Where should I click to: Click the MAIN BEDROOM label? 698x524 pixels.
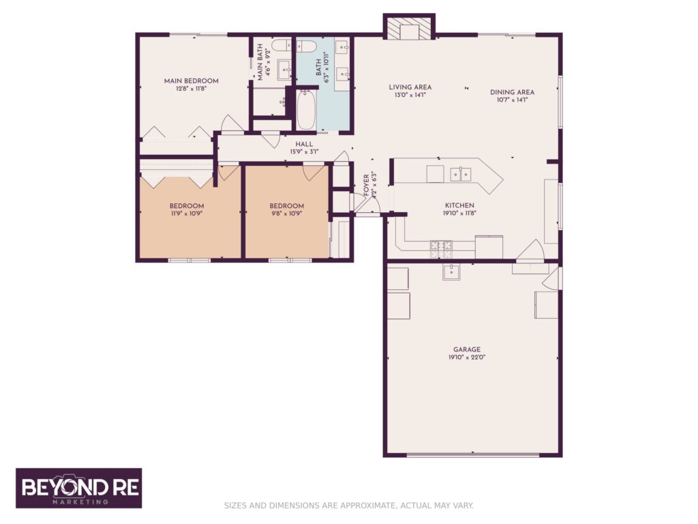[191, 81]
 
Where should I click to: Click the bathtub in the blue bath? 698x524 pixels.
[306, 111]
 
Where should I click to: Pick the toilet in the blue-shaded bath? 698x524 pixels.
[305, 46]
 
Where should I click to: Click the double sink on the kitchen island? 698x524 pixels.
[460, 175]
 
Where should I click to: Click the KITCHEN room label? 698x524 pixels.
[459, 205]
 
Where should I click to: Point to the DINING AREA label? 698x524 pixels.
[512, 92]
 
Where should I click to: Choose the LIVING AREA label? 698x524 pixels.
[410, 87]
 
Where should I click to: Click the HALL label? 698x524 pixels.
[304, 144]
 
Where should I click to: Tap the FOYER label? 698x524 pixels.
[366, 184]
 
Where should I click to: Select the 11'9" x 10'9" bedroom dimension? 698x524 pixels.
[186, 214]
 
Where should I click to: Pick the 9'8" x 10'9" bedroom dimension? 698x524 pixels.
[286, 214]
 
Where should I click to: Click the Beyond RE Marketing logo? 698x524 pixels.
[78, 488]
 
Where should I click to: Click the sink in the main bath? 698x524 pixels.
[284, 68]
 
